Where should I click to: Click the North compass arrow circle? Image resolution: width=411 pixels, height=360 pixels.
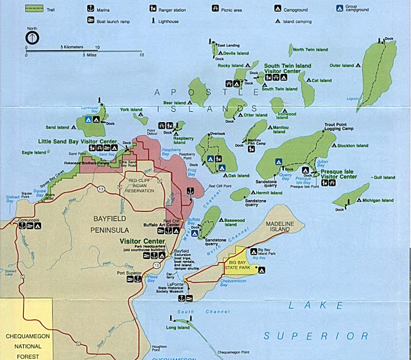30,38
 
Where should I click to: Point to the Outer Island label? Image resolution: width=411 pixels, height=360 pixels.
342,65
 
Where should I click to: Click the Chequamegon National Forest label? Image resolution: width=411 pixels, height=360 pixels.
26,345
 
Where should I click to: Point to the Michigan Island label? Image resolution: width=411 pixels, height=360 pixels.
378,201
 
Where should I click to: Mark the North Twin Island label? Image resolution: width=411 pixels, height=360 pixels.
310,50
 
